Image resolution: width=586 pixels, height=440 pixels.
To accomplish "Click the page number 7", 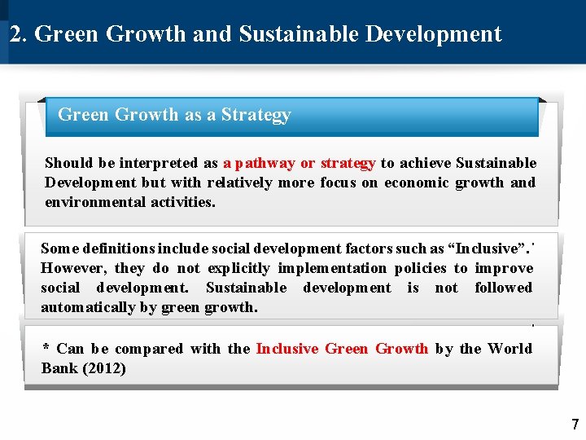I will (575, 425).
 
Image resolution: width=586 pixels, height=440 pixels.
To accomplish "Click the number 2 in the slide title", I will (15, 34).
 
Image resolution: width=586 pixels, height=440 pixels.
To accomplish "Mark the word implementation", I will (333, 268).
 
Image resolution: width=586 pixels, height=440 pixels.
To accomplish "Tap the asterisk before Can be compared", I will (46, 349).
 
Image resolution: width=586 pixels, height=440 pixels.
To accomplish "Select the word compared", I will (151, 349).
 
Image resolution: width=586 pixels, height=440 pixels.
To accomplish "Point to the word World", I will (509, 349).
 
